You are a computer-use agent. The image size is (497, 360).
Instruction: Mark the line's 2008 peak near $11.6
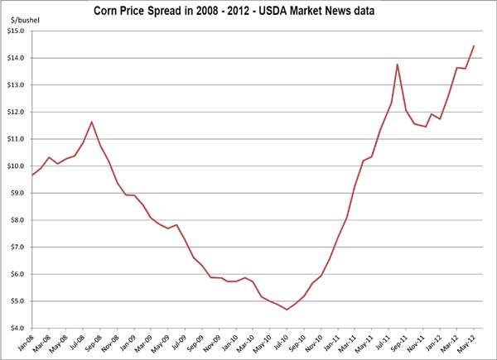point(91,122)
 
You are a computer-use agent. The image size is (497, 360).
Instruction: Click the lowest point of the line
point(287,310)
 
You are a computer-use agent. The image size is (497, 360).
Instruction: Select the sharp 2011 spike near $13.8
point(398,64)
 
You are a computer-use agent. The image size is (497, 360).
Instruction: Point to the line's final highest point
point(474,46)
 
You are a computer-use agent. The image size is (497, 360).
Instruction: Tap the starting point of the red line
point(31,175)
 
